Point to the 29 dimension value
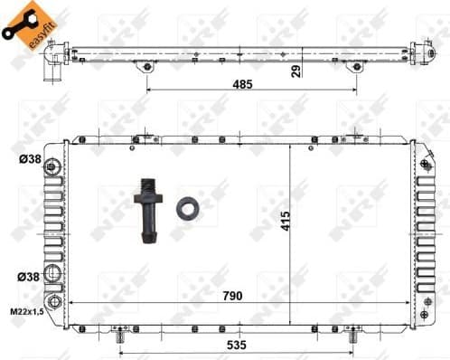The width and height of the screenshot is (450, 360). [295, 72]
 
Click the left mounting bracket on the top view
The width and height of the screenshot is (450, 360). [145, 68]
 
